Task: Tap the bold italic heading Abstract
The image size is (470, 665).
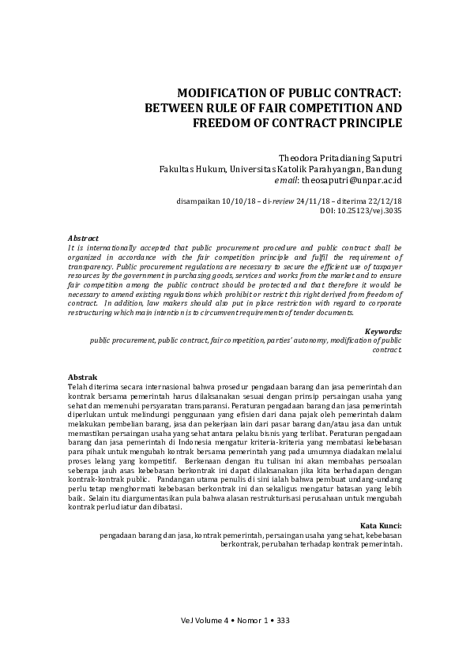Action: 83,238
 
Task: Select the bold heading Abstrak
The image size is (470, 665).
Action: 82,378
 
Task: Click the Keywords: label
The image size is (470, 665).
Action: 384,331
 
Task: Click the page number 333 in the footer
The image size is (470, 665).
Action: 284,620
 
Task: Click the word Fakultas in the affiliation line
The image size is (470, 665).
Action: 179,168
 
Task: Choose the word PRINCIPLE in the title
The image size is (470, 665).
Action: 368,122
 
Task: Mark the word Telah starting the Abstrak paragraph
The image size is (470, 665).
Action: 79,388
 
